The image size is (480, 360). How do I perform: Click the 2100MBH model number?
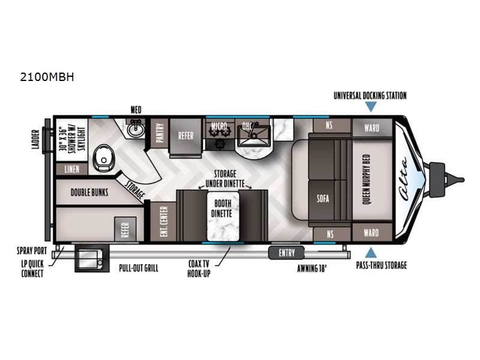click(47, 77)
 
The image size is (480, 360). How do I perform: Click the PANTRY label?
click(160, 133)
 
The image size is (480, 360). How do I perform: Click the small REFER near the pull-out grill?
click(125, 229)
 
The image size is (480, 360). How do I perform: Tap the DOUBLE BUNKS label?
click(89, 193)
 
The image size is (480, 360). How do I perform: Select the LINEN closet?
click(72, 169)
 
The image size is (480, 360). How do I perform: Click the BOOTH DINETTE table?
click(223, 216)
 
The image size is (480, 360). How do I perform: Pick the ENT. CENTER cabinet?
click(163, 221)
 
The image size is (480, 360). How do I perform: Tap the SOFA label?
click(323, 199)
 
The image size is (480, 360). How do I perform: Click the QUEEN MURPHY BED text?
click(367, 179)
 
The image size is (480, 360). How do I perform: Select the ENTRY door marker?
click(287, 253)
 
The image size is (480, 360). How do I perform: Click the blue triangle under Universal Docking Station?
click(371, 107)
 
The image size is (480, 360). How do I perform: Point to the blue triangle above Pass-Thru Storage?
click(371, 253)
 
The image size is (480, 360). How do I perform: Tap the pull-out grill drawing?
click(92, 259)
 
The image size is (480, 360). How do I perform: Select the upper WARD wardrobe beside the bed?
click(372, 128)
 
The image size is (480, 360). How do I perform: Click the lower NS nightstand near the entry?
click(331, 234)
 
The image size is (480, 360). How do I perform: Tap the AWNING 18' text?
click(312, 269)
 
